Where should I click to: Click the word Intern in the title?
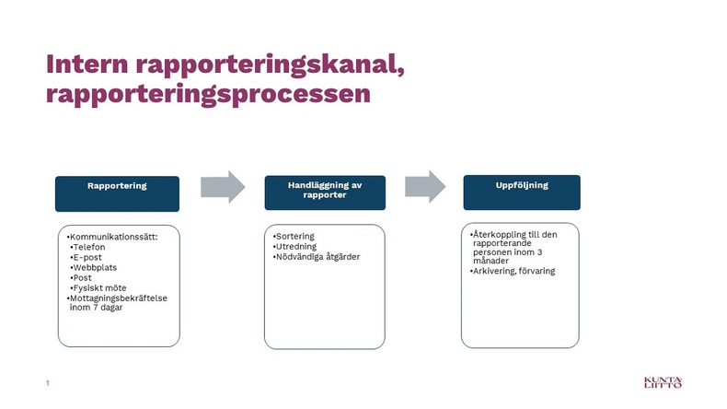[x=87, y=64]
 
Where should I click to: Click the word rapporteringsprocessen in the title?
[x=208, y=95]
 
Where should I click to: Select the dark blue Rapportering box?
[x=117, y=193]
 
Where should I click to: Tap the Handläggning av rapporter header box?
[x=325, y=193]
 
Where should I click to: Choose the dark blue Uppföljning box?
[x=522, y=193]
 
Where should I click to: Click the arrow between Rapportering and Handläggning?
[x=223, y=187]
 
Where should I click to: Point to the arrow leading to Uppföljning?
[x=425, y=186]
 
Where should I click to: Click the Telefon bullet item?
[x=87, y=247]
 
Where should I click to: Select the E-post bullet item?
[x=86, y=257]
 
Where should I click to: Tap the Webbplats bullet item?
[x=93, y=267]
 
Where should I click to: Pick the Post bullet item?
[x=81, y=277]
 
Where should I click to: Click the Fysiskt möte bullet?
[x=98, y=287]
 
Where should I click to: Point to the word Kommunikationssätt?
[x=113, y=237]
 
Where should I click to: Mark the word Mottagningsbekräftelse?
[x=118, y=298]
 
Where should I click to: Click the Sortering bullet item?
[x=294, y=237]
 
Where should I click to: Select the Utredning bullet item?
[x=294, y=247]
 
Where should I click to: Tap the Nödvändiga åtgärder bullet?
[x=317, y=257]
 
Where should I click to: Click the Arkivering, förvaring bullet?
[x=513, y=271]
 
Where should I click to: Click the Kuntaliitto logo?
[x=663, y=382]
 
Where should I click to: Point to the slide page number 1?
[x=47, y=383]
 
